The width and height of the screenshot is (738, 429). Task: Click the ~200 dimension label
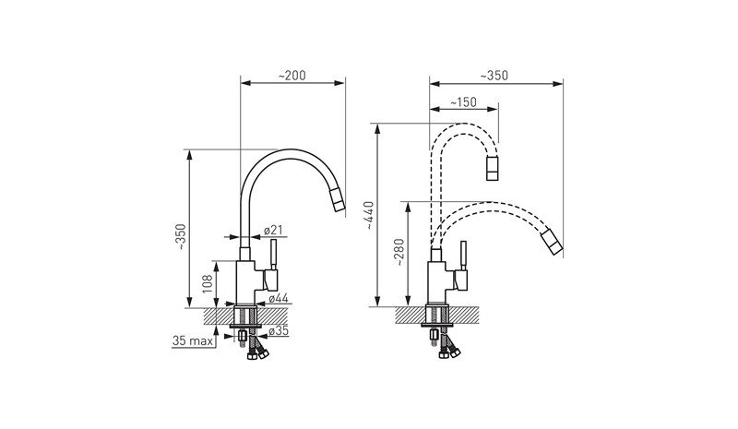point(292,76)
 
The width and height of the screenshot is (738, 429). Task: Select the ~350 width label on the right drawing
point(494,76)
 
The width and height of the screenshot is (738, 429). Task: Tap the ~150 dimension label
point(463,102)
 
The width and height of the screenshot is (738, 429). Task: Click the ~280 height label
point(399,253)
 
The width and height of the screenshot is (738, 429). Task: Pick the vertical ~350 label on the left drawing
point(180,237)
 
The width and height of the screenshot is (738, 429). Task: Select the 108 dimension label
point(208,284)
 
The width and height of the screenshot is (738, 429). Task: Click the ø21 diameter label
point(273,231)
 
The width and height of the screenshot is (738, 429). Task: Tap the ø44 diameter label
point(279,298)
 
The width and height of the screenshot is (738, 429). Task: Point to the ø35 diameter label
point(279,331)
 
